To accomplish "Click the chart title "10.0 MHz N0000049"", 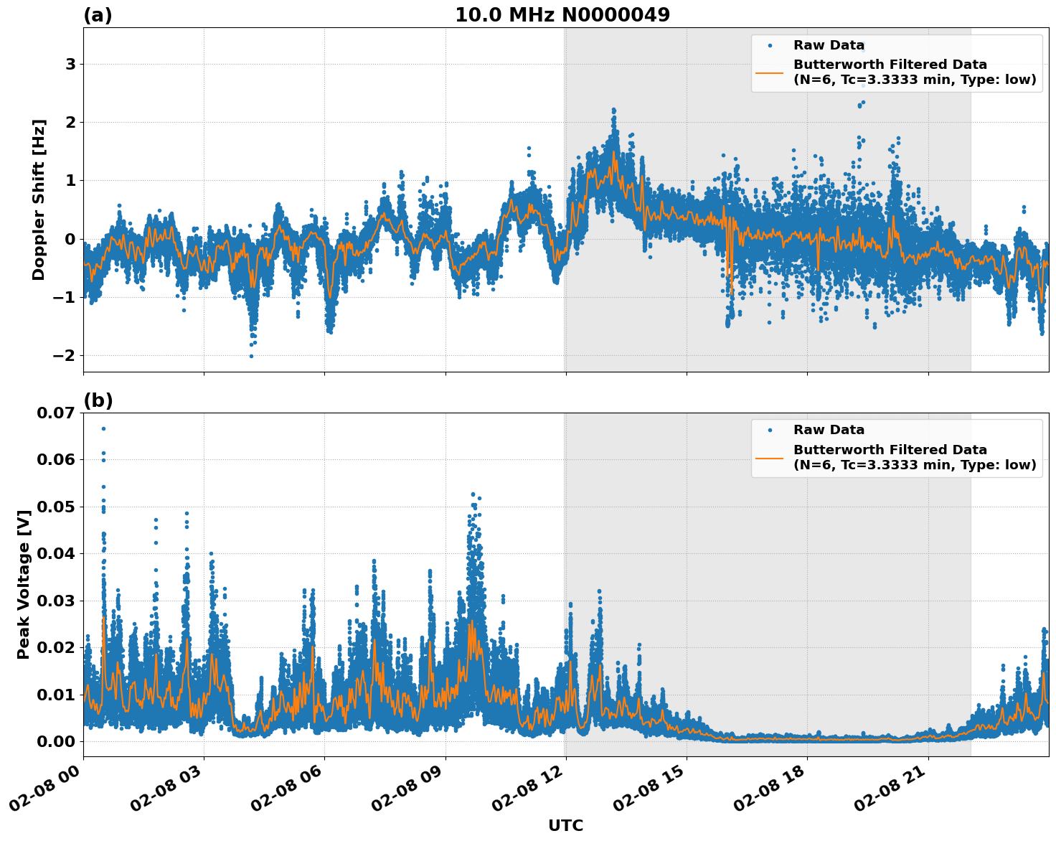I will (562, 15).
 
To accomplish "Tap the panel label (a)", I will (98, 15).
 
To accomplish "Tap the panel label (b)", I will (98, 400).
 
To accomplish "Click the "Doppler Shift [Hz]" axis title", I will (39, 199).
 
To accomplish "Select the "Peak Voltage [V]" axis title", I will (24, 584).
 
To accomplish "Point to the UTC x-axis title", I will (565, 825).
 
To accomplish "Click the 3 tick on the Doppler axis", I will (70, 65).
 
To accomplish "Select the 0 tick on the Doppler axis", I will (70, 239).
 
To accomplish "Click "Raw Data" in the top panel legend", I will (829, 45).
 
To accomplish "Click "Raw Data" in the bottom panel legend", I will (829, 430).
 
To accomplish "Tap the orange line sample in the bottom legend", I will (769, 457).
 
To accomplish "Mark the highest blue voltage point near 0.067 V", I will (103, 428).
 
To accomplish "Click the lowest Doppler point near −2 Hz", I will (251, 356).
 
